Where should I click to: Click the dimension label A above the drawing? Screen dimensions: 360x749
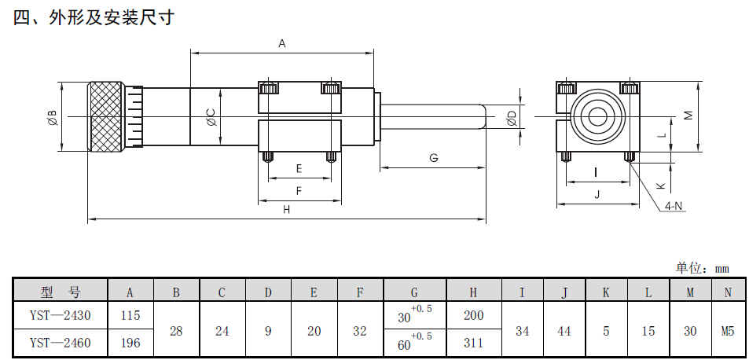281,45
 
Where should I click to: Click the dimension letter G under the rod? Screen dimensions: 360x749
433,158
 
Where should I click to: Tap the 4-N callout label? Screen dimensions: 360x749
674,206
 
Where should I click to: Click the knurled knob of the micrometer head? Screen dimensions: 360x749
106,117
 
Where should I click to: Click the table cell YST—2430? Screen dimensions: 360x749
60,316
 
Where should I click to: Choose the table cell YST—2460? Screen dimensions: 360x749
60,343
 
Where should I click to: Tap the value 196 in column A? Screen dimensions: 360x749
130,343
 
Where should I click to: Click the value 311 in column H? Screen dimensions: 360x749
473,343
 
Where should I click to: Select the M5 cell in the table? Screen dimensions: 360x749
728,330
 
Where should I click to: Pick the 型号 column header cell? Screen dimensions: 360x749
60,292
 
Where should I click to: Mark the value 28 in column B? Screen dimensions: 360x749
176,330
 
